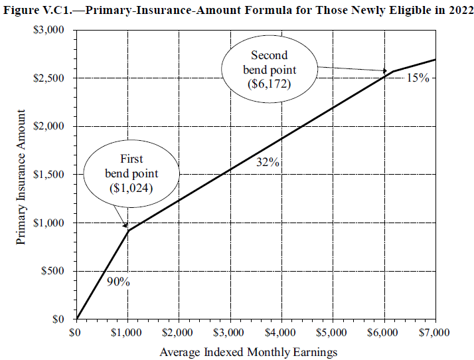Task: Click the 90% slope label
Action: [119, 282]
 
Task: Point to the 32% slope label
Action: [268, 162]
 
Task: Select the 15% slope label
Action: [418, 78]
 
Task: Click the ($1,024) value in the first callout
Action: [131, 187]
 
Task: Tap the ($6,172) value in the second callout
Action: [270, 84]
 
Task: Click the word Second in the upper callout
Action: [270, 55]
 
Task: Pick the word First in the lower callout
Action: [131, 159]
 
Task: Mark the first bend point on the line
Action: [128, 230]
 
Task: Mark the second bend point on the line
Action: [393, 71]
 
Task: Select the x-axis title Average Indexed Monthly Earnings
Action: [248, 351]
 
